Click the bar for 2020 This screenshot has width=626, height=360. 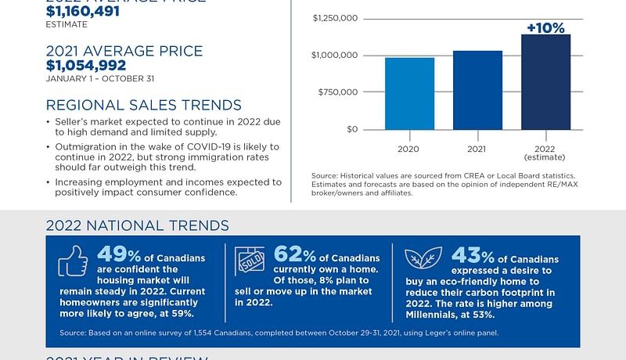coord(409,94)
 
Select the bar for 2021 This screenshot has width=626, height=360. coord(477,90)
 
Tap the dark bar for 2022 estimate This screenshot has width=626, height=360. coord(545,82)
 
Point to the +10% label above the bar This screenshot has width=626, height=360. coord(545,28)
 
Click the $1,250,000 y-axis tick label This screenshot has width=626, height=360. coord(335,18)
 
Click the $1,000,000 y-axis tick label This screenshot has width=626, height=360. coord(335,55)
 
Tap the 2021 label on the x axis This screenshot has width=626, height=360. coord(477,147)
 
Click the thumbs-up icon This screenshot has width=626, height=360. coord(72,261)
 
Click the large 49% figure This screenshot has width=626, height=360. coord(117,255)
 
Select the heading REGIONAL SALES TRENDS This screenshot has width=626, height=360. coord(144,106)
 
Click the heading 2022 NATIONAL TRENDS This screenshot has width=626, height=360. coord(137,226)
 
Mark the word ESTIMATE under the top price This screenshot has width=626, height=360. coord(67,24)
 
